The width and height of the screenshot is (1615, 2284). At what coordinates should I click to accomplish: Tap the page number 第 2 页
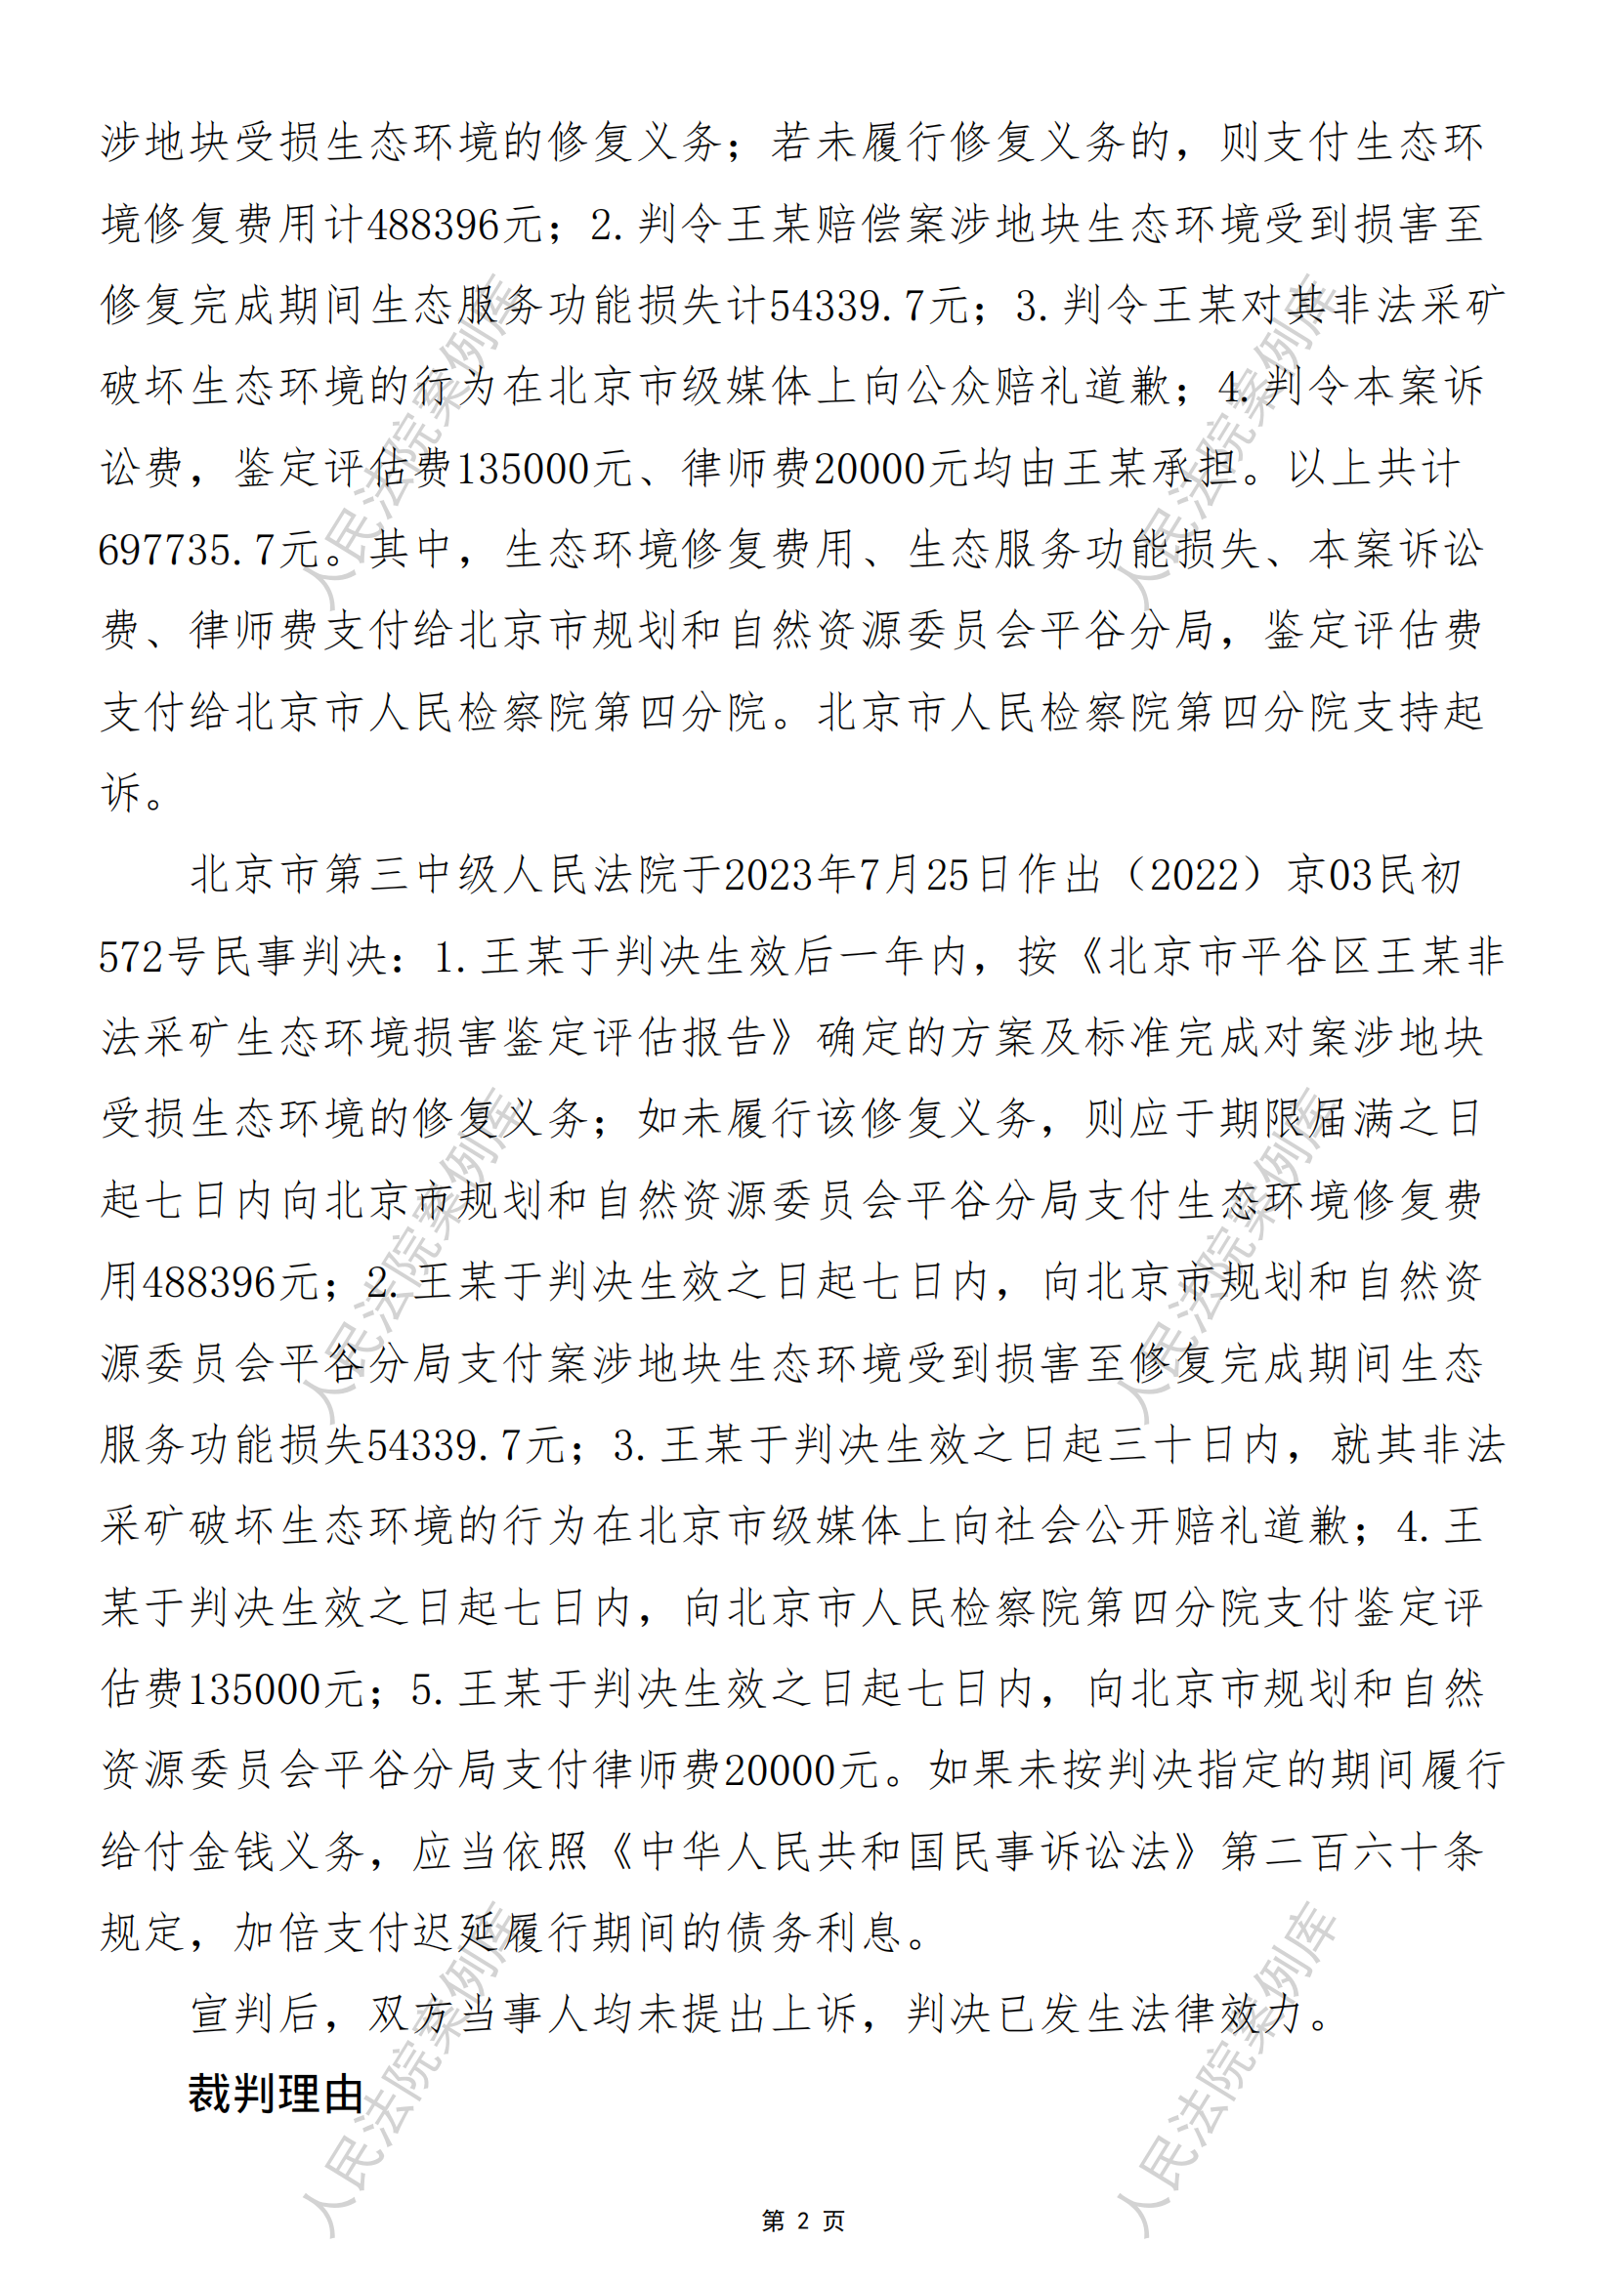tap(802, 2221)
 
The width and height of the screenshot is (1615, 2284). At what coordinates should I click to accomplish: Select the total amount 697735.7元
tap(208, 550)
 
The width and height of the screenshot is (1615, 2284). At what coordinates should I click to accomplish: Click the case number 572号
tap(152, 957)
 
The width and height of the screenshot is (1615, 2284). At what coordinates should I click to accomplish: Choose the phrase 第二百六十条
tap(1352, 1851)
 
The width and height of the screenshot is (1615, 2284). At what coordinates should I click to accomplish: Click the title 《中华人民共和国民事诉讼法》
tap(903, 1851)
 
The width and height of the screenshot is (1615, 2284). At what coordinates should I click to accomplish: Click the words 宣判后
tap(254, 2014)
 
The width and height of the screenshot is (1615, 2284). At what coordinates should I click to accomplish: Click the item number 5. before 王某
tap(429, 1689)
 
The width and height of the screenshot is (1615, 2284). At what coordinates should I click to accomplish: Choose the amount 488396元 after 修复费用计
tap(454, 225)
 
